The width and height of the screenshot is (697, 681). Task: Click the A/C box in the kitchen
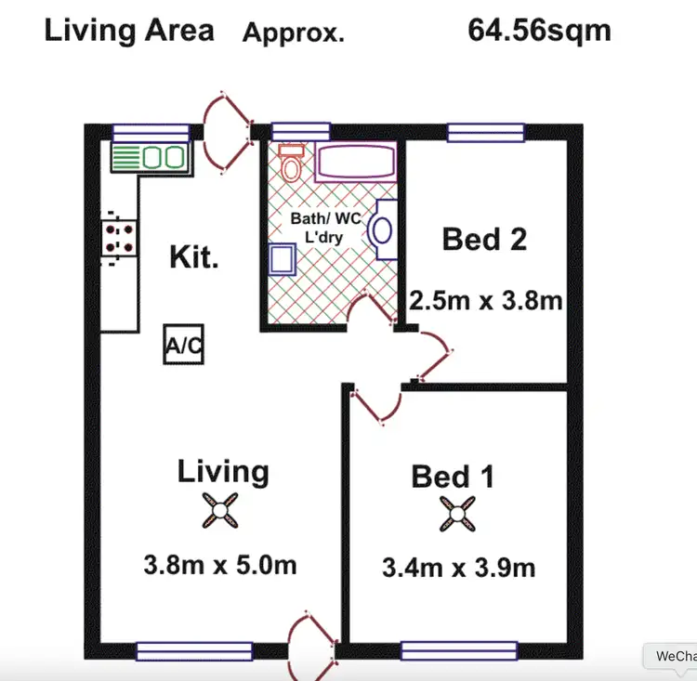183,345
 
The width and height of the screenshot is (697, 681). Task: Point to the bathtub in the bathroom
357,163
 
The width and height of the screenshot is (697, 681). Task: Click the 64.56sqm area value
539,30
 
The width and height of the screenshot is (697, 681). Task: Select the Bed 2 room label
484,240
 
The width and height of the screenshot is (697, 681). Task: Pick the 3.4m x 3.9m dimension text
458,567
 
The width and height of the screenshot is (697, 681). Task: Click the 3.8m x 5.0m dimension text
220,564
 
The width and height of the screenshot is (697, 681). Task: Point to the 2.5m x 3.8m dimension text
486,301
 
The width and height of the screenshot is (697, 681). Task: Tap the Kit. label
194,256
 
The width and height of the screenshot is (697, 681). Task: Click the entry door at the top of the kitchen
226,134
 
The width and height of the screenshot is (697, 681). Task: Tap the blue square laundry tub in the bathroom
283,259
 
